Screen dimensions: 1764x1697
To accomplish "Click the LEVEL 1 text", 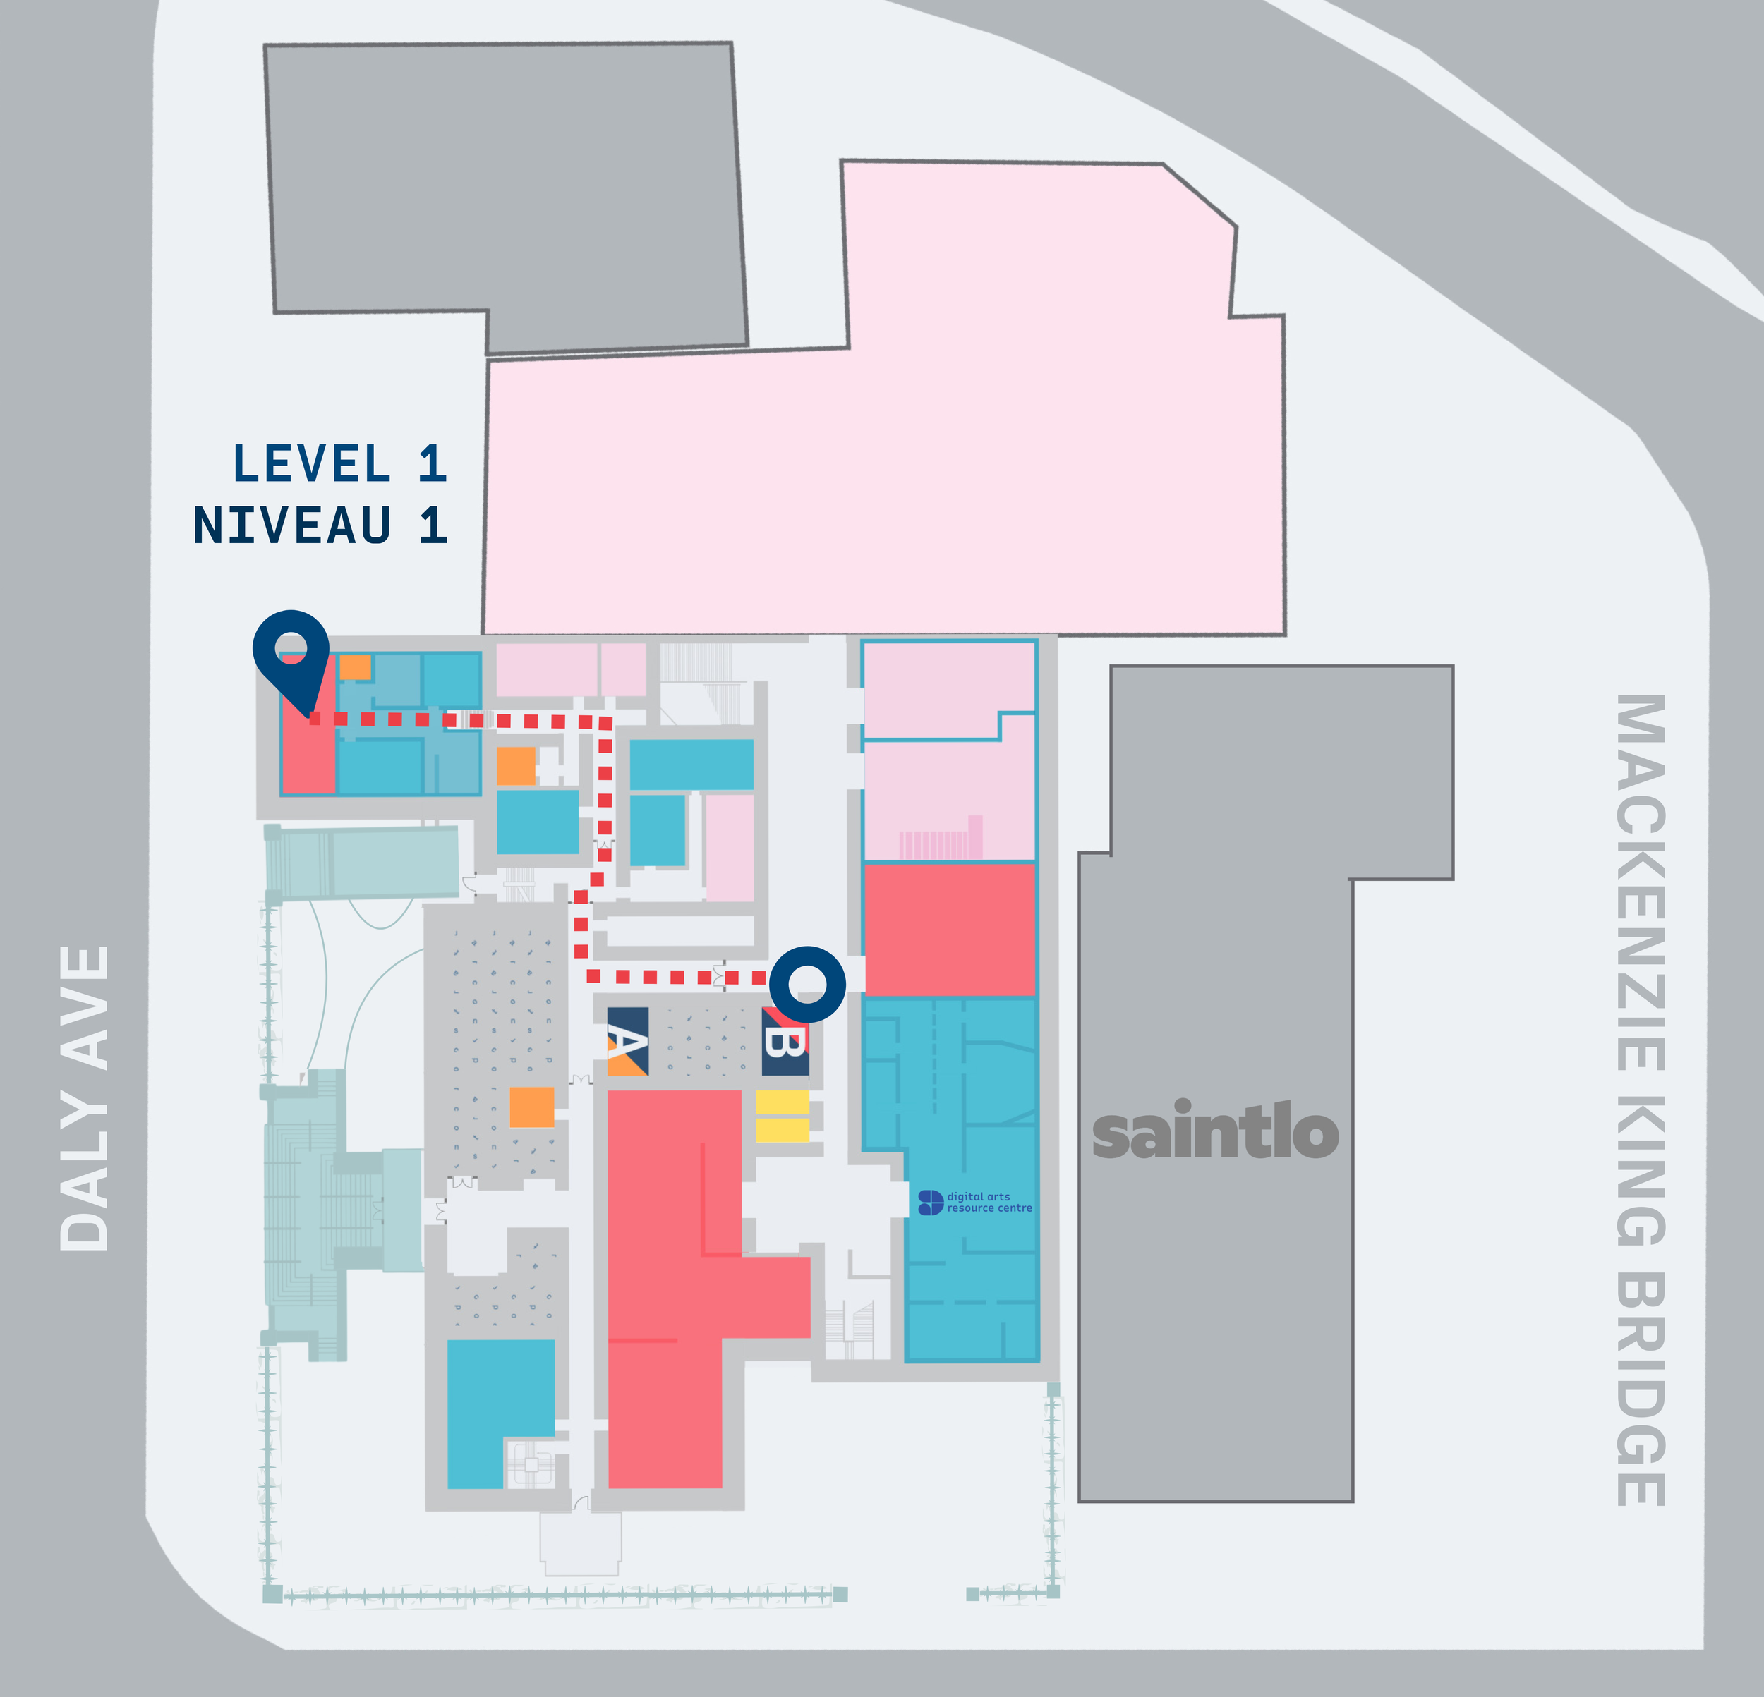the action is (x=339, y=464).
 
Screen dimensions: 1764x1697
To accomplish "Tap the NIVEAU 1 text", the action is (x=320, y=525).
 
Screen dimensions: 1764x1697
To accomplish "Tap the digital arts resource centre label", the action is (x=977, y=1202).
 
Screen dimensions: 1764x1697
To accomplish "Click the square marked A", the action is (x=627, y=1042).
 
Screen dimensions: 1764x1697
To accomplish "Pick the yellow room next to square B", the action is (x=781, y=1116).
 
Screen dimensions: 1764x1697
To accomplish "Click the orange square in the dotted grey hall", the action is (x=531, y=1107).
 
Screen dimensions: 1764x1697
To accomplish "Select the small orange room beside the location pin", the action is (x=355, y=667).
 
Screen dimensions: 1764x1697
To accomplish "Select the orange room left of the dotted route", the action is (x=516, y=766).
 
